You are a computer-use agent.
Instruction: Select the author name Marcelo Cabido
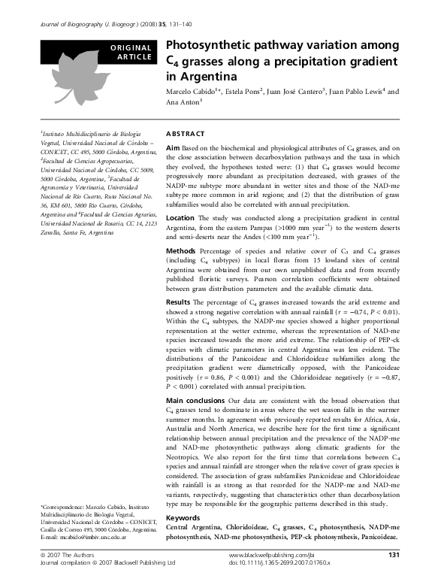[x=191, y=92]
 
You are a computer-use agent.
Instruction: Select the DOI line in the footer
[x=276, y=562]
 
